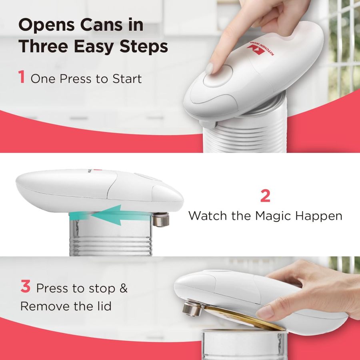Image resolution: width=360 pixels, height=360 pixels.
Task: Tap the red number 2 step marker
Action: pos(265,196)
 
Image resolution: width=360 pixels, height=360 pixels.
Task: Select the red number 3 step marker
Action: pos(25,287)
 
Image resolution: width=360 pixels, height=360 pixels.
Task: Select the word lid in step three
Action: pos(102,306)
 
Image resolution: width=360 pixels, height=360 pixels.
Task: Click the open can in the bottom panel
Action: pos(244,344)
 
